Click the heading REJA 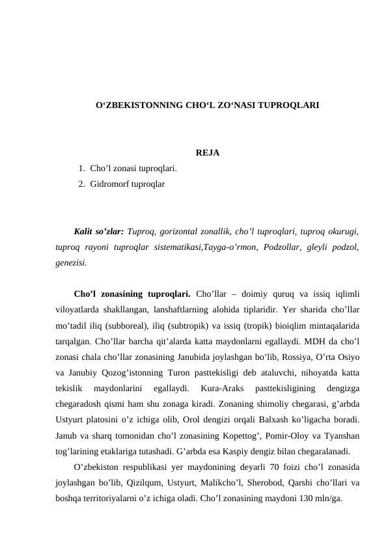click(207, 154)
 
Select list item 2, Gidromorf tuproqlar click(128, 184)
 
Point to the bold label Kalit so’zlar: click(99, 230)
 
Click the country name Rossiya click(282, 357)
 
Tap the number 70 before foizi click(268, 467)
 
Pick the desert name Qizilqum click(151, 484)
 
